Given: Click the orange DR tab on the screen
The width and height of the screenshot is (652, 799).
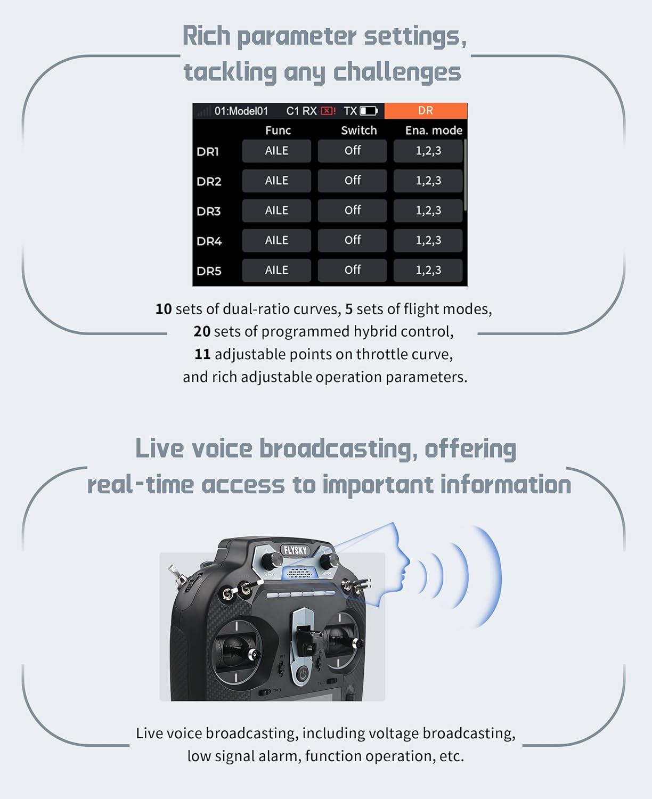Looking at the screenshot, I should (x=425, y=111).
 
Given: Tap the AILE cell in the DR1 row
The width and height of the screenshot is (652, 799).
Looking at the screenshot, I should (x=276, y=151).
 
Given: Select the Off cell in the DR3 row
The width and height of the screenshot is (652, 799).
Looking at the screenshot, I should (x=352, y=211).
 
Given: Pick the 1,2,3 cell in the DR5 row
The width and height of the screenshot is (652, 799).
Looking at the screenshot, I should (x=428, y=271).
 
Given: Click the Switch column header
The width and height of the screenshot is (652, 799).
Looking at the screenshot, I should (x=358, y=131).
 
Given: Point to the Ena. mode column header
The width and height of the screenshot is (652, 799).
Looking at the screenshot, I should (x=433, y=131).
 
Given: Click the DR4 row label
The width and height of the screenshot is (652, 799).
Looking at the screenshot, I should (x=209, y=241).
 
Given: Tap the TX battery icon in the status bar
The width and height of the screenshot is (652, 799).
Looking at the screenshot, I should (x=369, y=111).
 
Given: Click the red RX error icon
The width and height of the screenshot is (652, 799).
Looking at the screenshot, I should (x=327, y=111).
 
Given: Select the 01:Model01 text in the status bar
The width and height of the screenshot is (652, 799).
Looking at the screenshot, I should (x=241, y=111).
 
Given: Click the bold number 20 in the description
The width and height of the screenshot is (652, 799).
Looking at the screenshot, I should (x=202, y=331).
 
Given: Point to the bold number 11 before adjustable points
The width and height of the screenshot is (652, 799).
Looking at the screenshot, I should (x=202, y=354).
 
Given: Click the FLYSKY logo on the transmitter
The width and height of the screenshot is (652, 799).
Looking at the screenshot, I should (x=295, y=550).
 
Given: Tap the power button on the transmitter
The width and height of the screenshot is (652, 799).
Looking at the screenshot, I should (x=302, y=674).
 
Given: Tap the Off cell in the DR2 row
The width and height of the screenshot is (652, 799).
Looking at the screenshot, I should (x=352, y=181).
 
